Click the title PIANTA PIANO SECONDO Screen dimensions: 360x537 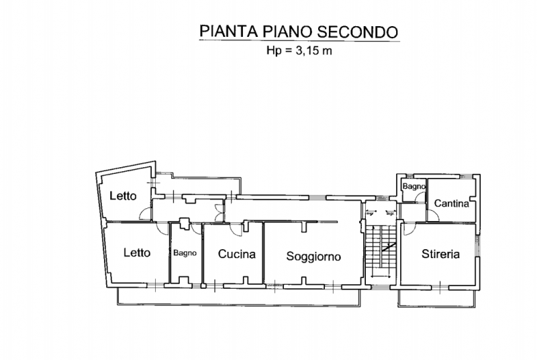tap(299, 31)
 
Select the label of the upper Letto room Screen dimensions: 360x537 tap(123, 196)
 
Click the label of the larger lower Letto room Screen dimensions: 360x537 tap(136, 253)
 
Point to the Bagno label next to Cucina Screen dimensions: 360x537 tap(185, 254)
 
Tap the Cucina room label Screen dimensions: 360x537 tap(236, 255)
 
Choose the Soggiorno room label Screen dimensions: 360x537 tap(313, 256)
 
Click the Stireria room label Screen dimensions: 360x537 tap(440, 254)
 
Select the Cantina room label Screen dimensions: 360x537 tap(451, 204)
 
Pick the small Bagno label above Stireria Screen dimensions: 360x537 tap(414, 185)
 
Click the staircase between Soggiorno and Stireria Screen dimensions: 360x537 tap(381, 252)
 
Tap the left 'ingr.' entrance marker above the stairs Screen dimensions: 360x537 tap(370, 214)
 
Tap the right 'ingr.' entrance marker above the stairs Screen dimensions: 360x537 tap(390, 214)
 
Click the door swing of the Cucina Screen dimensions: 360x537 tap(236, 229)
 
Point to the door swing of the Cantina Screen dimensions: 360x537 tap(434, 214)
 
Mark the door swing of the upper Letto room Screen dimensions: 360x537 tap(144, 214)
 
